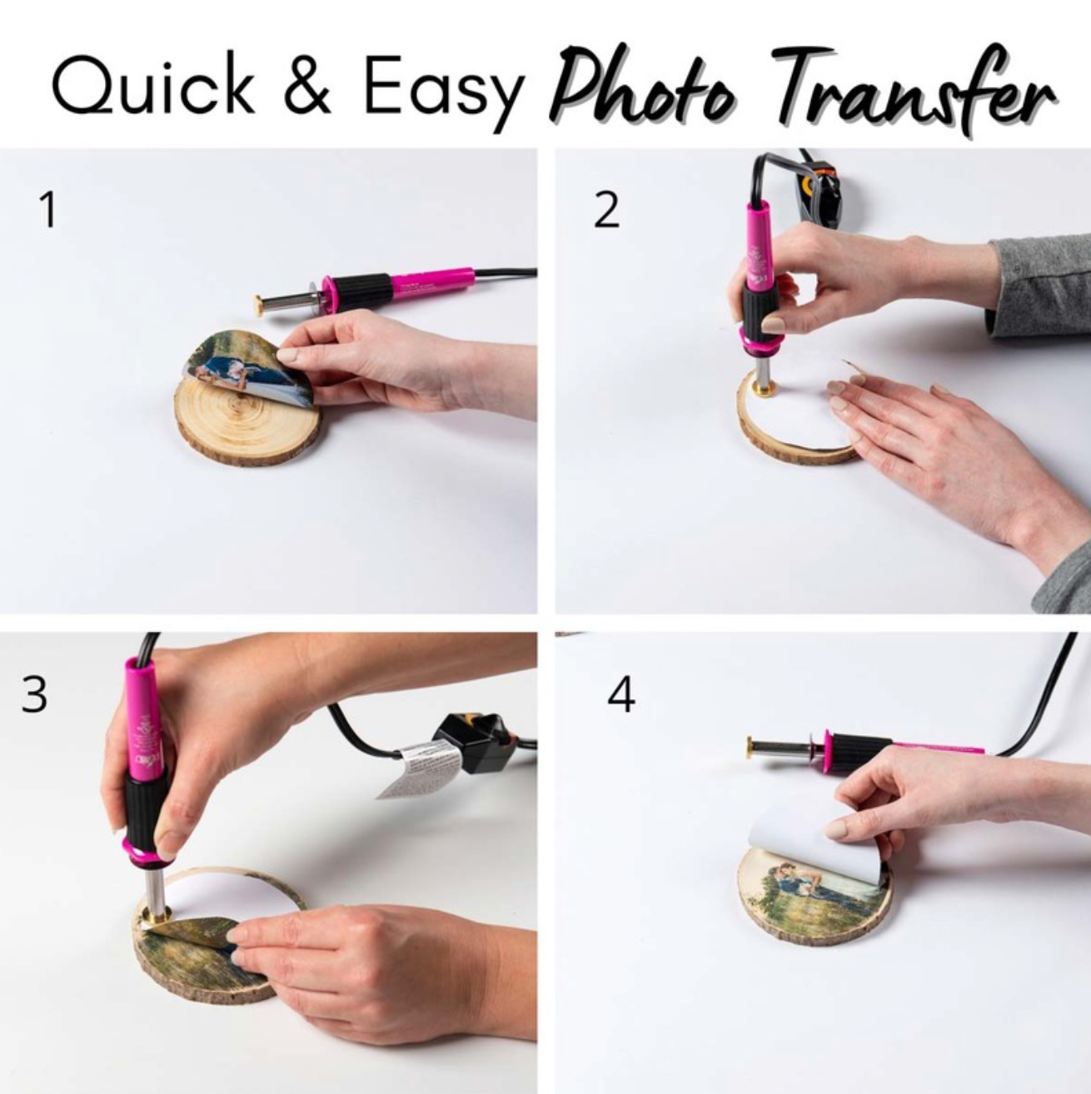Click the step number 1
(48, 209)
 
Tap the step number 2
(606, 209)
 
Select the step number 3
(34, 695)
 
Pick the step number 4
(620, 695)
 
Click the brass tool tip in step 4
(751, 748)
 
